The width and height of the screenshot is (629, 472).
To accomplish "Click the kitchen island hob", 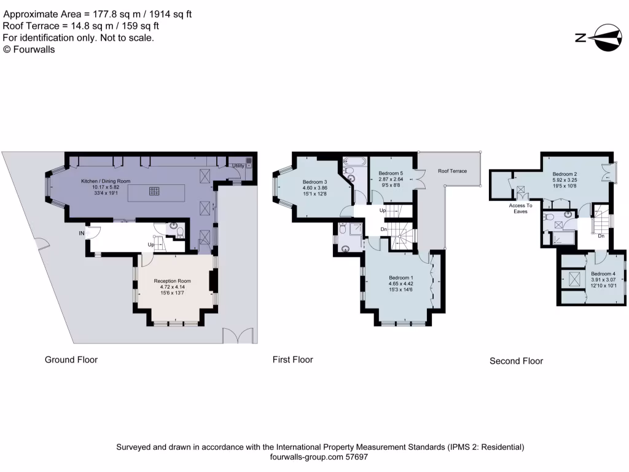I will [x=154, y=192].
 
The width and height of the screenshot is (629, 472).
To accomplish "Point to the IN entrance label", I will [x=81, y=234].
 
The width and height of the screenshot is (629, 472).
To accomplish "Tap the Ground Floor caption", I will [x=71, y=360].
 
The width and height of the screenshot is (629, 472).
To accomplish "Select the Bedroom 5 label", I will [x=391, y=174].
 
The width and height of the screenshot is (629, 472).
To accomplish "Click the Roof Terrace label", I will [x=452, y=171].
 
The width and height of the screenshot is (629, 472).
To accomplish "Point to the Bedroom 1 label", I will [x=400, y=278].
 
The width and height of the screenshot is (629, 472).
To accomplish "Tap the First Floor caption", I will [x=293, y=360].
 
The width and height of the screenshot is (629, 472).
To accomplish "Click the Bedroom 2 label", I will [x=564, y=174].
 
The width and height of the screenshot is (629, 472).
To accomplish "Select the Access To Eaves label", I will [x=521, y=208].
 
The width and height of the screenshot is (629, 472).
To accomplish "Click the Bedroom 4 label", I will [x=603, y=273].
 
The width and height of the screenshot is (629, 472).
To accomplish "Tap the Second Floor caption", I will [x=516, y=361].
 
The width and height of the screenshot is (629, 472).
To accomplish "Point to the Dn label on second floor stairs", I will [x=601, y=235].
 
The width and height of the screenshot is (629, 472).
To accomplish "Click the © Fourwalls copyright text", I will [x=29, y=50].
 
